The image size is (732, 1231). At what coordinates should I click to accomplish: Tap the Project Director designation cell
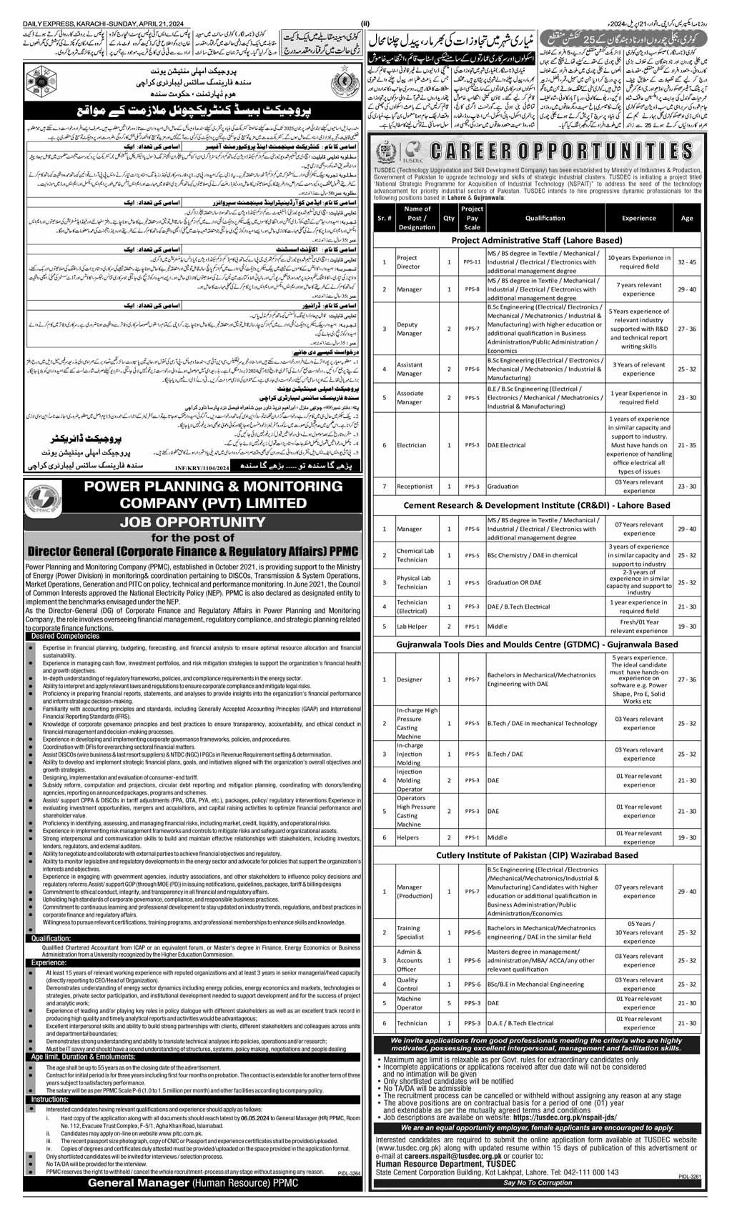[x=407, y=262]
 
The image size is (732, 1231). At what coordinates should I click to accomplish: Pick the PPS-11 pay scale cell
[x=473, y=262]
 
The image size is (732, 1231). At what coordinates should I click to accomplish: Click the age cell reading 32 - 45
[x=683, y=262]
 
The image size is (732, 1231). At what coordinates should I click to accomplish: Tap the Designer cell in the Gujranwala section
[x=410, y=679]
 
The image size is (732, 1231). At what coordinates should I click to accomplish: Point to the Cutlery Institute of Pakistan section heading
[x=537, y=854]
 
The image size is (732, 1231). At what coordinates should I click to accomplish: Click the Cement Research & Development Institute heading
[x=537, y=505]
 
